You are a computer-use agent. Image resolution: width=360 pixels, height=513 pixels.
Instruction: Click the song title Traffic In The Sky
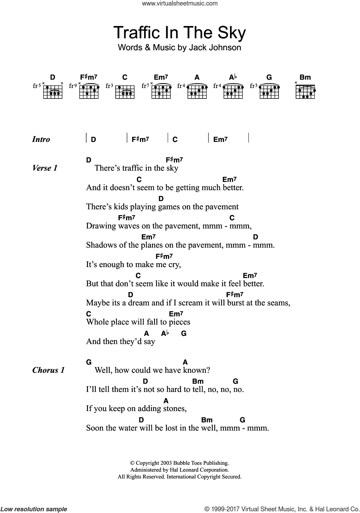tap(179, 33)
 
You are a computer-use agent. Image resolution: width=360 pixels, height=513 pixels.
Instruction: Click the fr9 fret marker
tap(72, 86)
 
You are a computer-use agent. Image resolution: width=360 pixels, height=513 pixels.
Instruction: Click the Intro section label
tap(41, 139)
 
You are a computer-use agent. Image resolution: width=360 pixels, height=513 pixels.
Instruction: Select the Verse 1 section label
tap(45, 168)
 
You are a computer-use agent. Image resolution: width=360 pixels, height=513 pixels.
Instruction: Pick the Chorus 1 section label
tap(48, 370)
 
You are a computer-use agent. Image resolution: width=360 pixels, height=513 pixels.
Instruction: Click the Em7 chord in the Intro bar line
tap(220, 139)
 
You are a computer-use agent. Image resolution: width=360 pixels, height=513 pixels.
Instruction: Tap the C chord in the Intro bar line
tap(175, 139)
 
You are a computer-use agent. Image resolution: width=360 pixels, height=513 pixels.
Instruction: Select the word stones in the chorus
tap(175, 408)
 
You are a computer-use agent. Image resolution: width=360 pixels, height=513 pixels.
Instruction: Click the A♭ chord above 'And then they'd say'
tap(165, 333)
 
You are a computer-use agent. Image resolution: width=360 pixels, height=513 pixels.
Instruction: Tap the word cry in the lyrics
tap(174, 264)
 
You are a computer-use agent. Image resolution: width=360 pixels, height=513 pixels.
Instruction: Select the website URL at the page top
tap(180, 4)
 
